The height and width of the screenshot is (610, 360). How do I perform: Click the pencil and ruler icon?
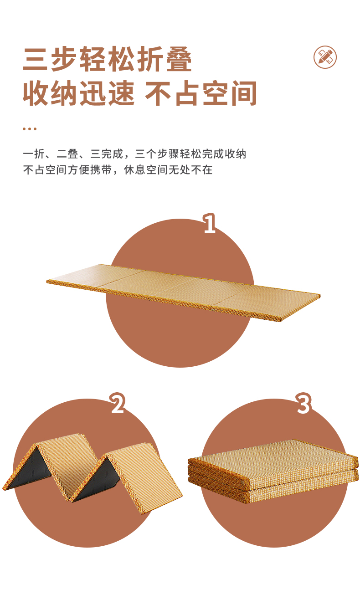point(325,57)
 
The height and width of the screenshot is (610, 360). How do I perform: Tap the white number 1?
point(210,223)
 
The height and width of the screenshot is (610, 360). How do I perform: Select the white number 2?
point(118,403)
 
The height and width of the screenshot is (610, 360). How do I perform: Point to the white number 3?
point(303,403)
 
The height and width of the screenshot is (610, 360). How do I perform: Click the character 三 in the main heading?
point(36,59)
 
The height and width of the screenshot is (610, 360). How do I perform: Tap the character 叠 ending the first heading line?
point(179,59)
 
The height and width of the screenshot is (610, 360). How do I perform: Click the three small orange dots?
point(30,129)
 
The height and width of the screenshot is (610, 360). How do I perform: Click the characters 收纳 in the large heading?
point(51,93)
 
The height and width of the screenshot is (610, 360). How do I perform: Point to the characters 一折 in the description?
point(34,154)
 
